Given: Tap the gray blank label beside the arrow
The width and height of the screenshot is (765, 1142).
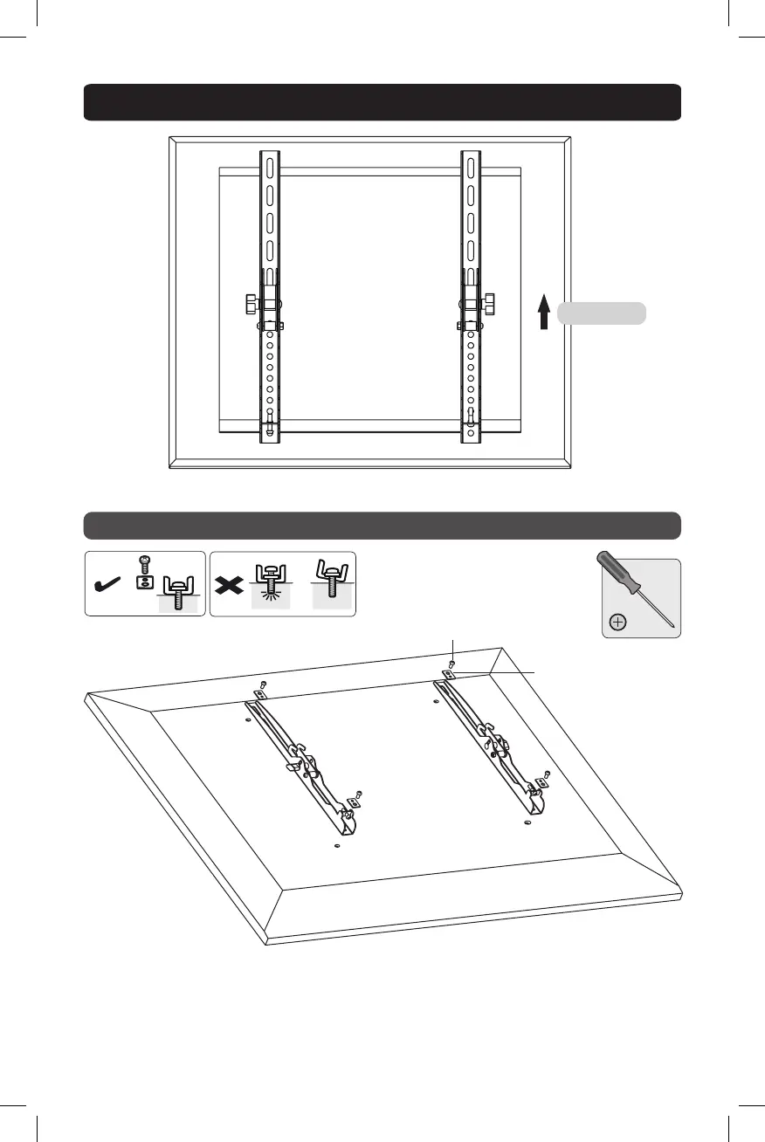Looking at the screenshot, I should click(x=602, y=313).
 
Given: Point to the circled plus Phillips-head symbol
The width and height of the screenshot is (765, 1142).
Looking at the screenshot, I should click(x=618, y=623).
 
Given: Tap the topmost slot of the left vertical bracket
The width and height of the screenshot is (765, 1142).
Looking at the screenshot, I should click(x=271, y=167).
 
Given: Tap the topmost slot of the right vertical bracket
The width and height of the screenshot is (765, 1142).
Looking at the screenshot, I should click(x=470, y=167).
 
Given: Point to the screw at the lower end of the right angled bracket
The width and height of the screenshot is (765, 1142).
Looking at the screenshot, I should click(x=548, y=774).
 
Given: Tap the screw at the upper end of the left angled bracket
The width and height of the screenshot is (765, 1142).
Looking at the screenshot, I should click(x=264, y=684).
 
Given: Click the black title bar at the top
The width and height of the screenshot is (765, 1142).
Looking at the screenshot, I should click(x=382, y=101).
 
